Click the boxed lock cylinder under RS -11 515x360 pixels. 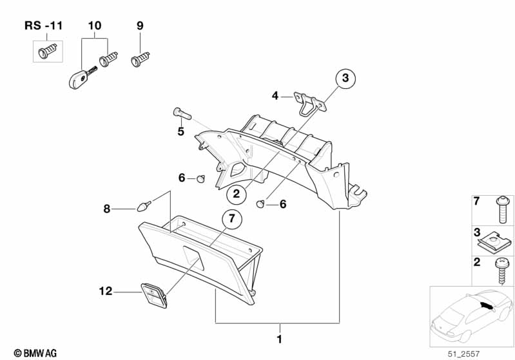48,51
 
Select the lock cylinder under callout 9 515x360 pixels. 141,59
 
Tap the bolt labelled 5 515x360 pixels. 182,113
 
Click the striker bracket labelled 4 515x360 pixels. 310,103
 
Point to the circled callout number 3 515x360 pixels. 345,78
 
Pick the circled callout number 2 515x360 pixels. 237,194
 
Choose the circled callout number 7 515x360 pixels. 232,218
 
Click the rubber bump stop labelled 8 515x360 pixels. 144,207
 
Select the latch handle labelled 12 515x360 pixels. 154,295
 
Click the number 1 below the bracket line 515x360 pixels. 280,339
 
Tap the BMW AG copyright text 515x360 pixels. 35,353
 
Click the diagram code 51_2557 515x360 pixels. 463,354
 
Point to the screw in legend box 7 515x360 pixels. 503,209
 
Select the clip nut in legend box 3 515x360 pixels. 494,242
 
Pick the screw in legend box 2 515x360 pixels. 502,270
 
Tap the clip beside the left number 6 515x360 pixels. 201,179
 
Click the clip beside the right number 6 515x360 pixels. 260,204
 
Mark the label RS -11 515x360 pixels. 43,26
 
